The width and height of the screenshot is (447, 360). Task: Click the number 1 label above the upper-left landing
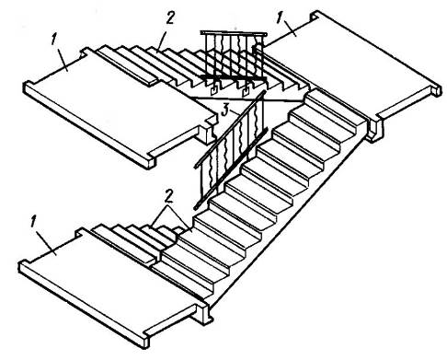54,41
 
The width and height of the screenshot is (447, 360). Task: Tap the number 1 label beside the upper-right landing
279,17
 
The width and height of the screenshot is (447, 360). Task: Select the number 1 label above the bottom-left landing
33,221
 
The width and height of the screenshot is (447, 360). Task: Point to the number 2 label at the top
169,17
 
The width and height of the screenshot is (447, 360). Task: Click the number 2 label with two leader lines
168,196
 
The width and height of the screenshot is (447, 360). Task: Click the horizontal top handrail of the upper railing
234,33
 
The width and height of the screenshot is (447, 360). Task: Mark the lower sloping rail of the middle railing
230,169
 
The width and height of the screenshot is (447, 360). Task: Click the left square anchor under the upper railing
213,89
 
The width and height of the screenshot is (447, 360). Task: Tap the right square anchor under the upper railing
246,91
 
